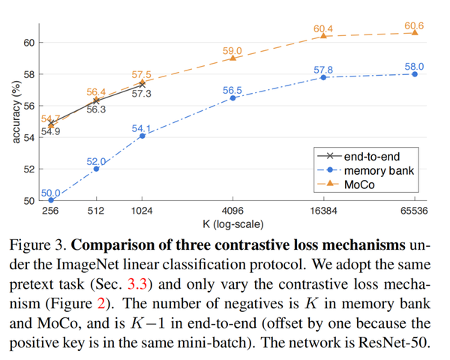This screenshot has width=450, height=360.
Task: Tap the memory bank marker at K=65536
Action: pyautogui.click(x=415, y=73)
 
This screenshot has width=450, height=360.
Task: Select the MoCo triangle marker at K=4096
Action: pyautogui.click(x=232, y=58)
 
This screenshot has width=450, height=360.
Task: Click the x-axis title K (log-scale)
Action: pyautogui.click(x=232, y=223)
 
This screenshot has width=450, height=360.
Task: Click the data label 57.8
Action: pyautogui.click(x=323, y=70)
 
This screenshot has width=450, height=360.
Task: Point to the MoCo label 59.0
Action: pyautogui.click(x=232, y=50)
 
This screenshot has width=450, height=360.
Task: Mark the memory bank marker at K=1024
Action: pyautogui.click(x=142, y=136)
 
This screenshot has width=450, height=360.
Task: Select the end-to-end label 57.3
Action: pyautogui.click(x=142, y=94)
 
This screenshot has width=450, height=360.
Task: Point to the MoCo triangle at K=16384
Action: pyautogui.click(x=323, y=35)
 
